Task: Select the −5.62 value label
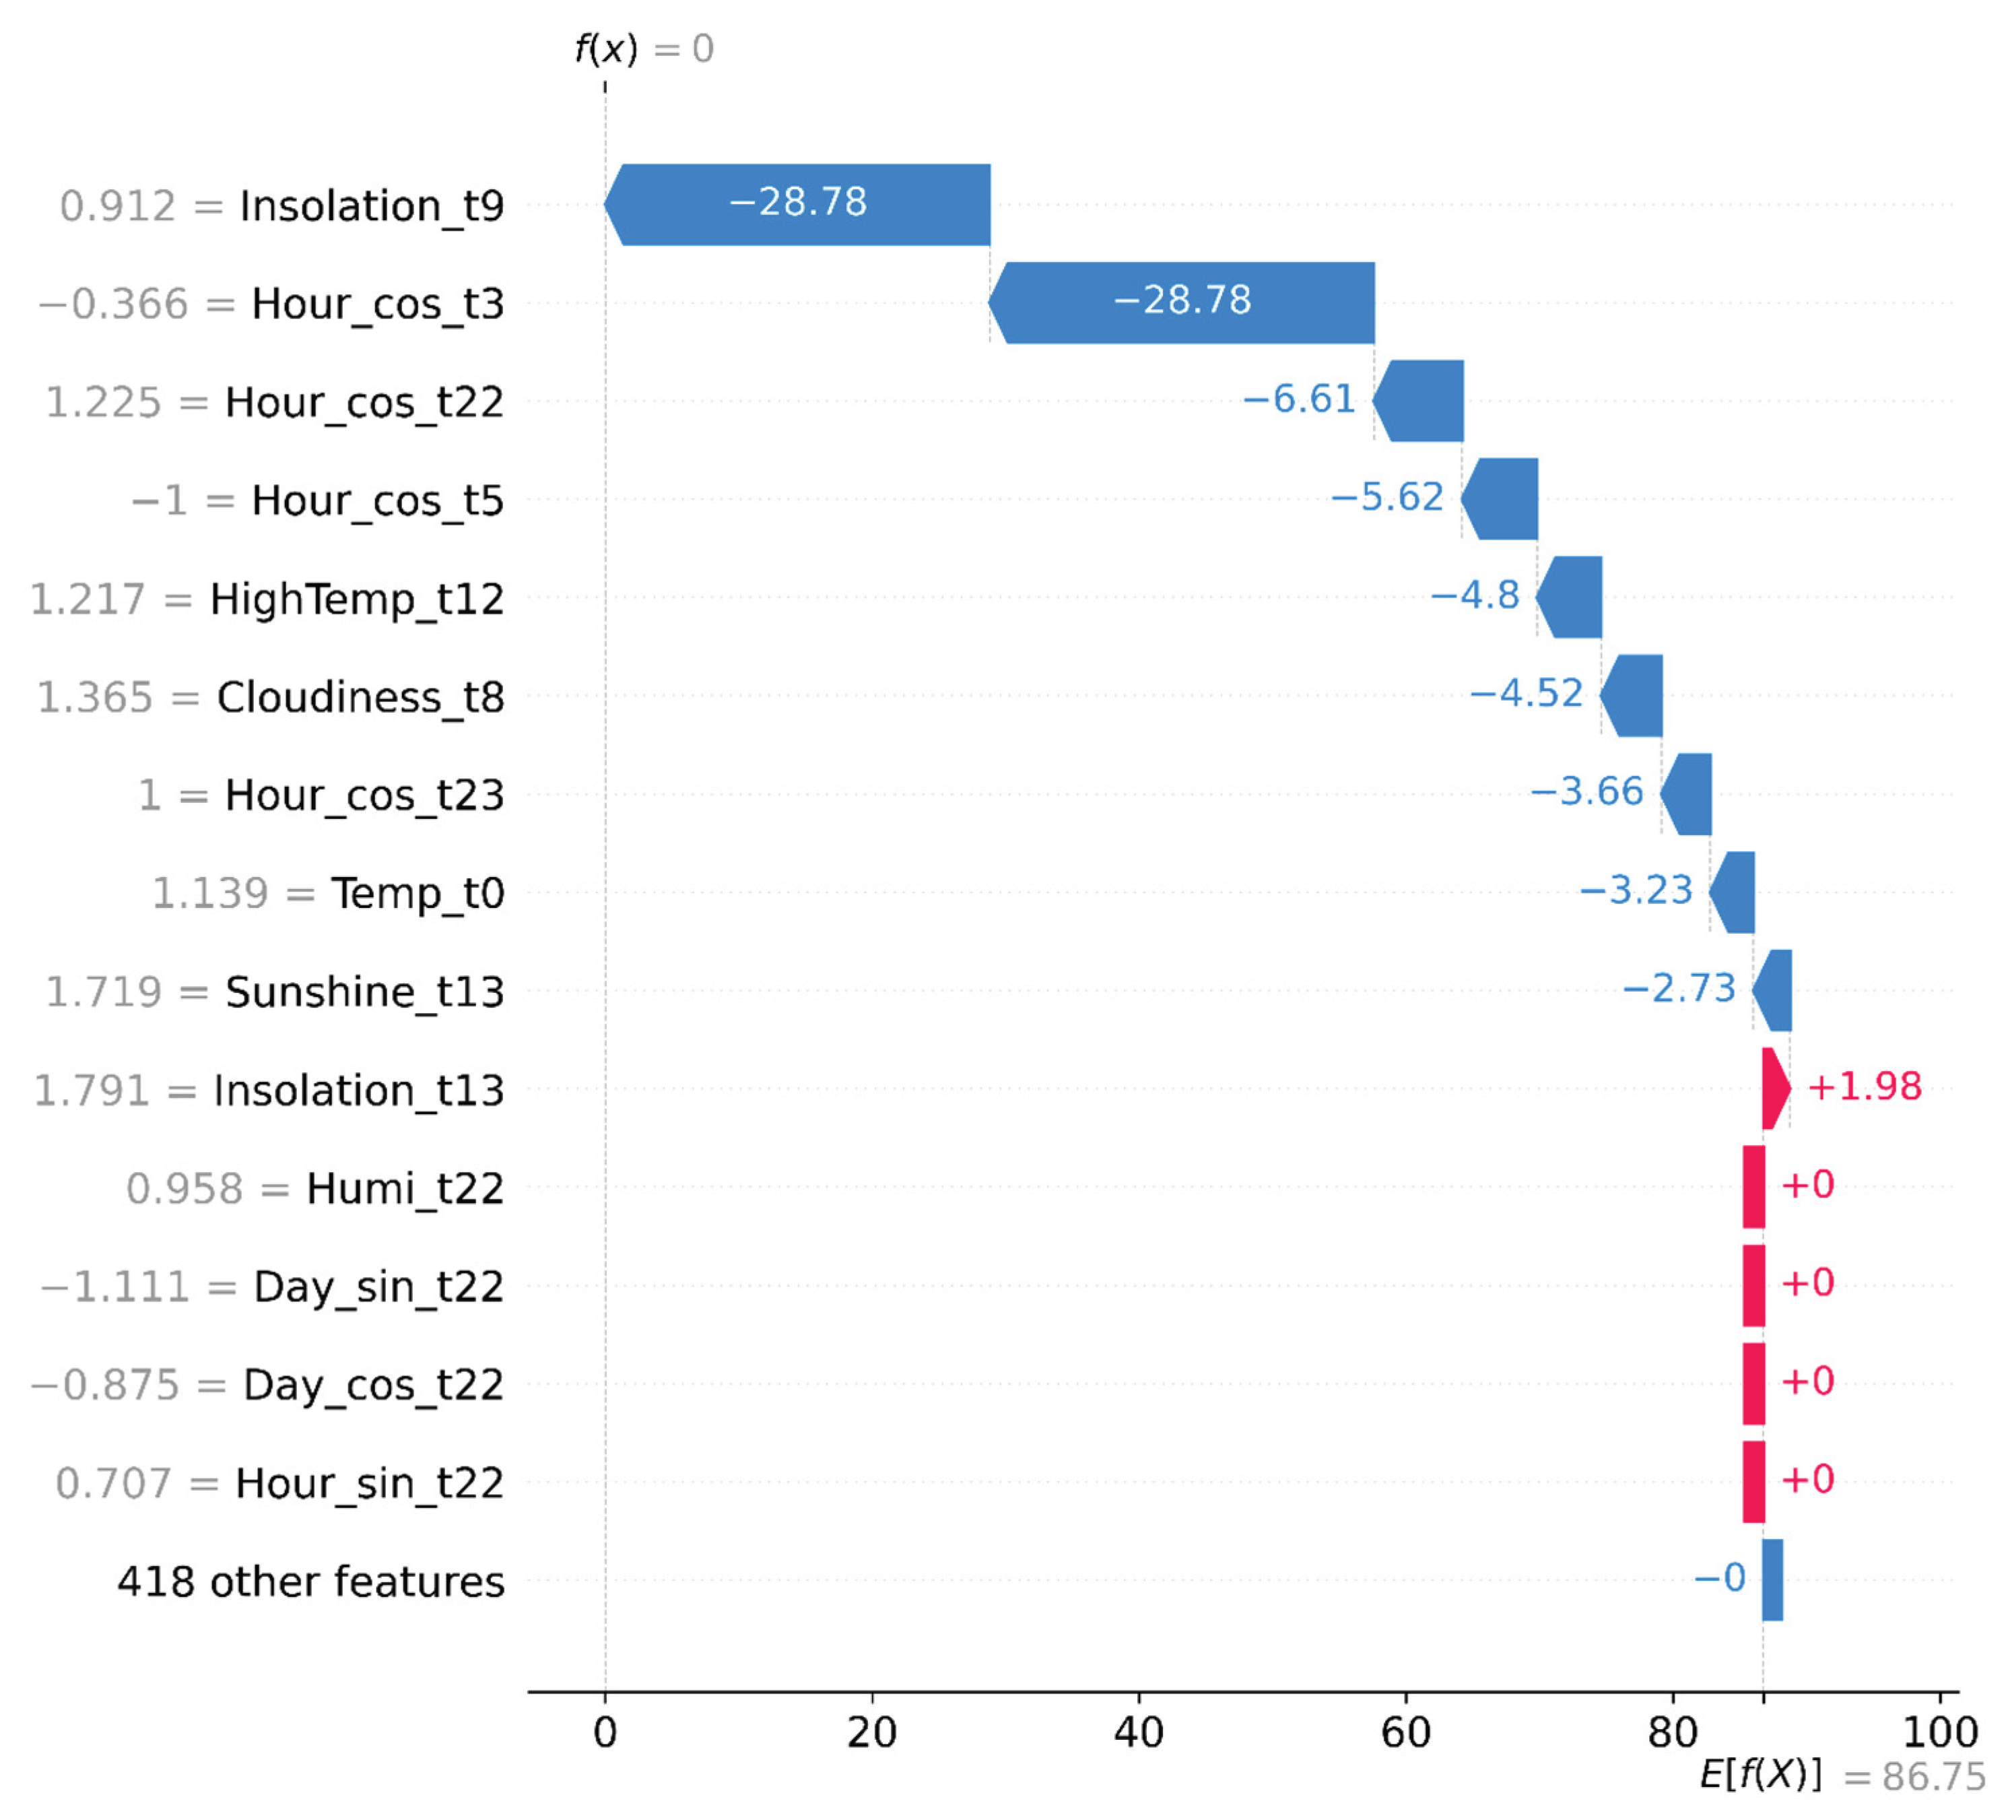[1387, 498]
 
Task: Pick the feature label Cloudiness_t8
[360, 698]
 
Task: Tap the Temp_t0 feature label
[418, 894]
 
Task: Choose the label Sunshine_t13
[364, 992]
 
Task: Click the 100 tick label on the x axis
[1939, 1733]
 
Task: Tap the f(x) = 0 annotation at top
[645, 48]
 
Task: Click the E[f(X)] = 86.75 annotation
[1842, 1776]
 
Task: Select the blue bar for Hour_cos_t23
[1687, 794]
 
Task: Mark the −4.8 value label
[1475, 596]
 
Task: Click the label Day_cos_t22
[373, 1384]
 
